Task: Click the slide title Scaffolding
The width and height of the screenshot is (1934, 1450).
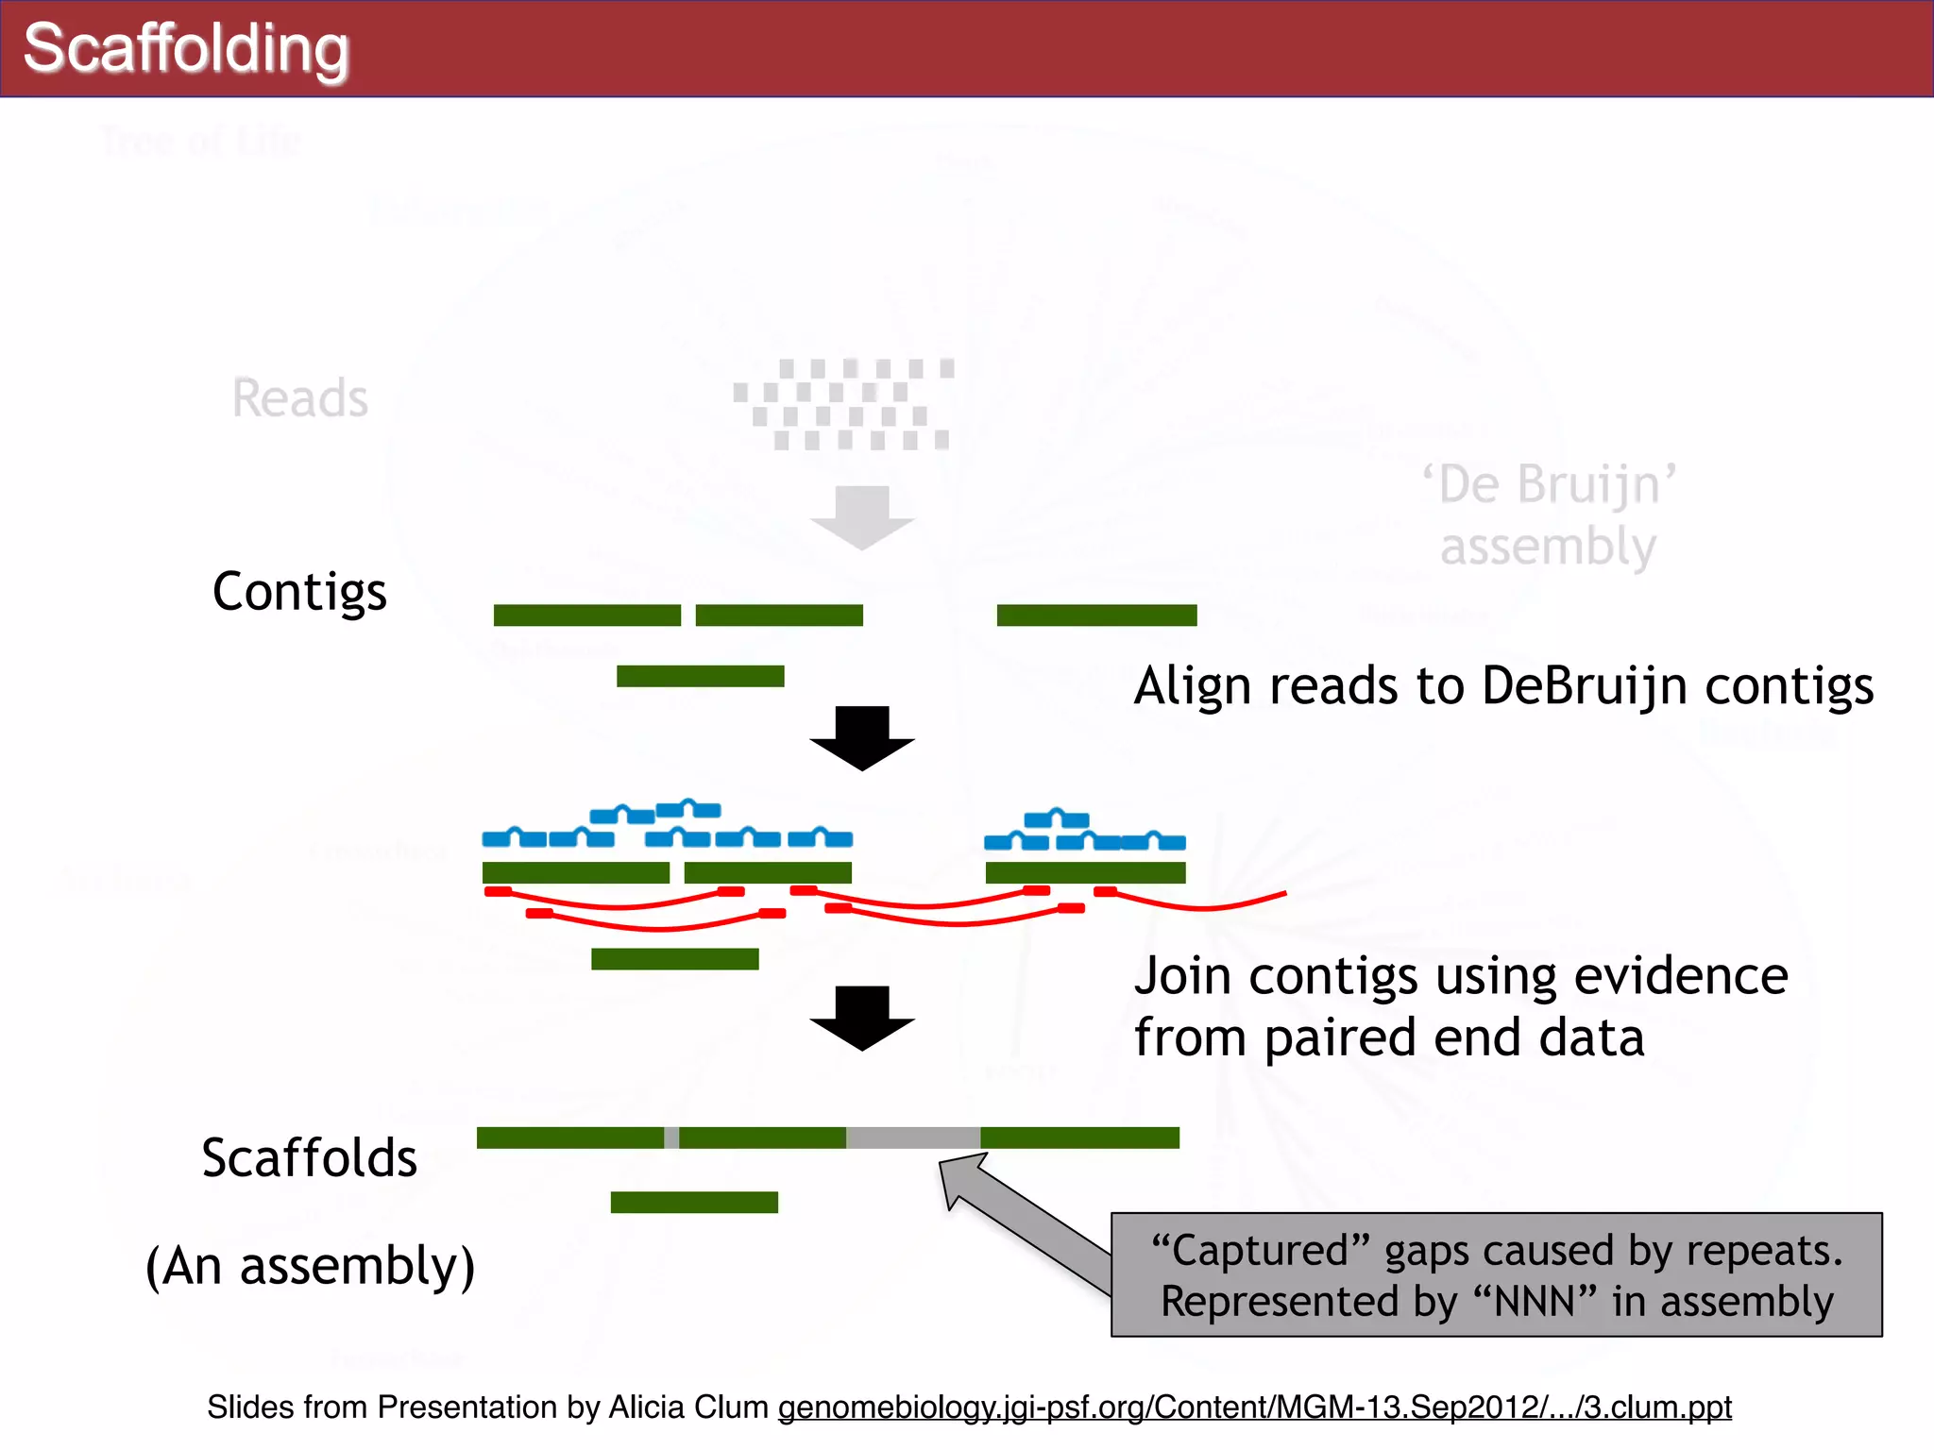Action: [186, 49]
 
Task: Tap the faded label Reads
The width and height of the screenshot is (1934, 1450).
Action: [300, 397]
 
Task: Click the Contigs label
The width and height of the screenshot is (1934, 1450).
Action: [299, 593]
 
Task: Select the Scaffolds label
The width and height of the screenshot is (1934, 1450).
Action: [309, 1158]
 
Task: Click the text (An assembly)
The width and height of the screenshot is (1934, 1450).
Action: [310, 1266]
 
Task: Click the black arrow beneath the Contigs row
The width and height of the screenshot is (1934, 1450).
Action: [861, 737]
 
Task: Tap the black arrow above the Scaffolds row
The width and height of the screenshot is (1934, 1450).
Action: [861, 1018]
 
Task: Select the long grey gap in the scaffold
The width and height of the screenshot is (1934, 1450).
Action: [913, 1138]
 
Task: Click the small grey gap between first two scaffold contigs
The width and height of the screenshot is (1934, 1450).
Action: [671, 1138]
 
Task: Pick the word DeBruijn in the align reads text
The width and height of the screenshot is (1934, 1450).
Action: [1584, 685]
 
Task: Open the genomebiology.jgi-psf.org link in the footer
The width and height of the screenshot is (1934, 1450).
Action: [1254, 1408]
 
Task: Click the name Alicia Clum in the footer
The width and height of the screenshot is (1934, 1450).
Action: [688, 1408]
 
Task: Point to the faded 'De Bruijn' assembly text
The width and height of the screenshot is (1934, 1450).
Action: [1549, 515]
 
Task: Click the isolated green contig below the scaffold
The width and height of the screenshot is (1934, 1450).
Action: [694, 1202]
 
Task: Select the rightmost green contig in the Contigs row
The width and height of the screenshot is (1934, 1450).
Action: [1096, 615]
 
